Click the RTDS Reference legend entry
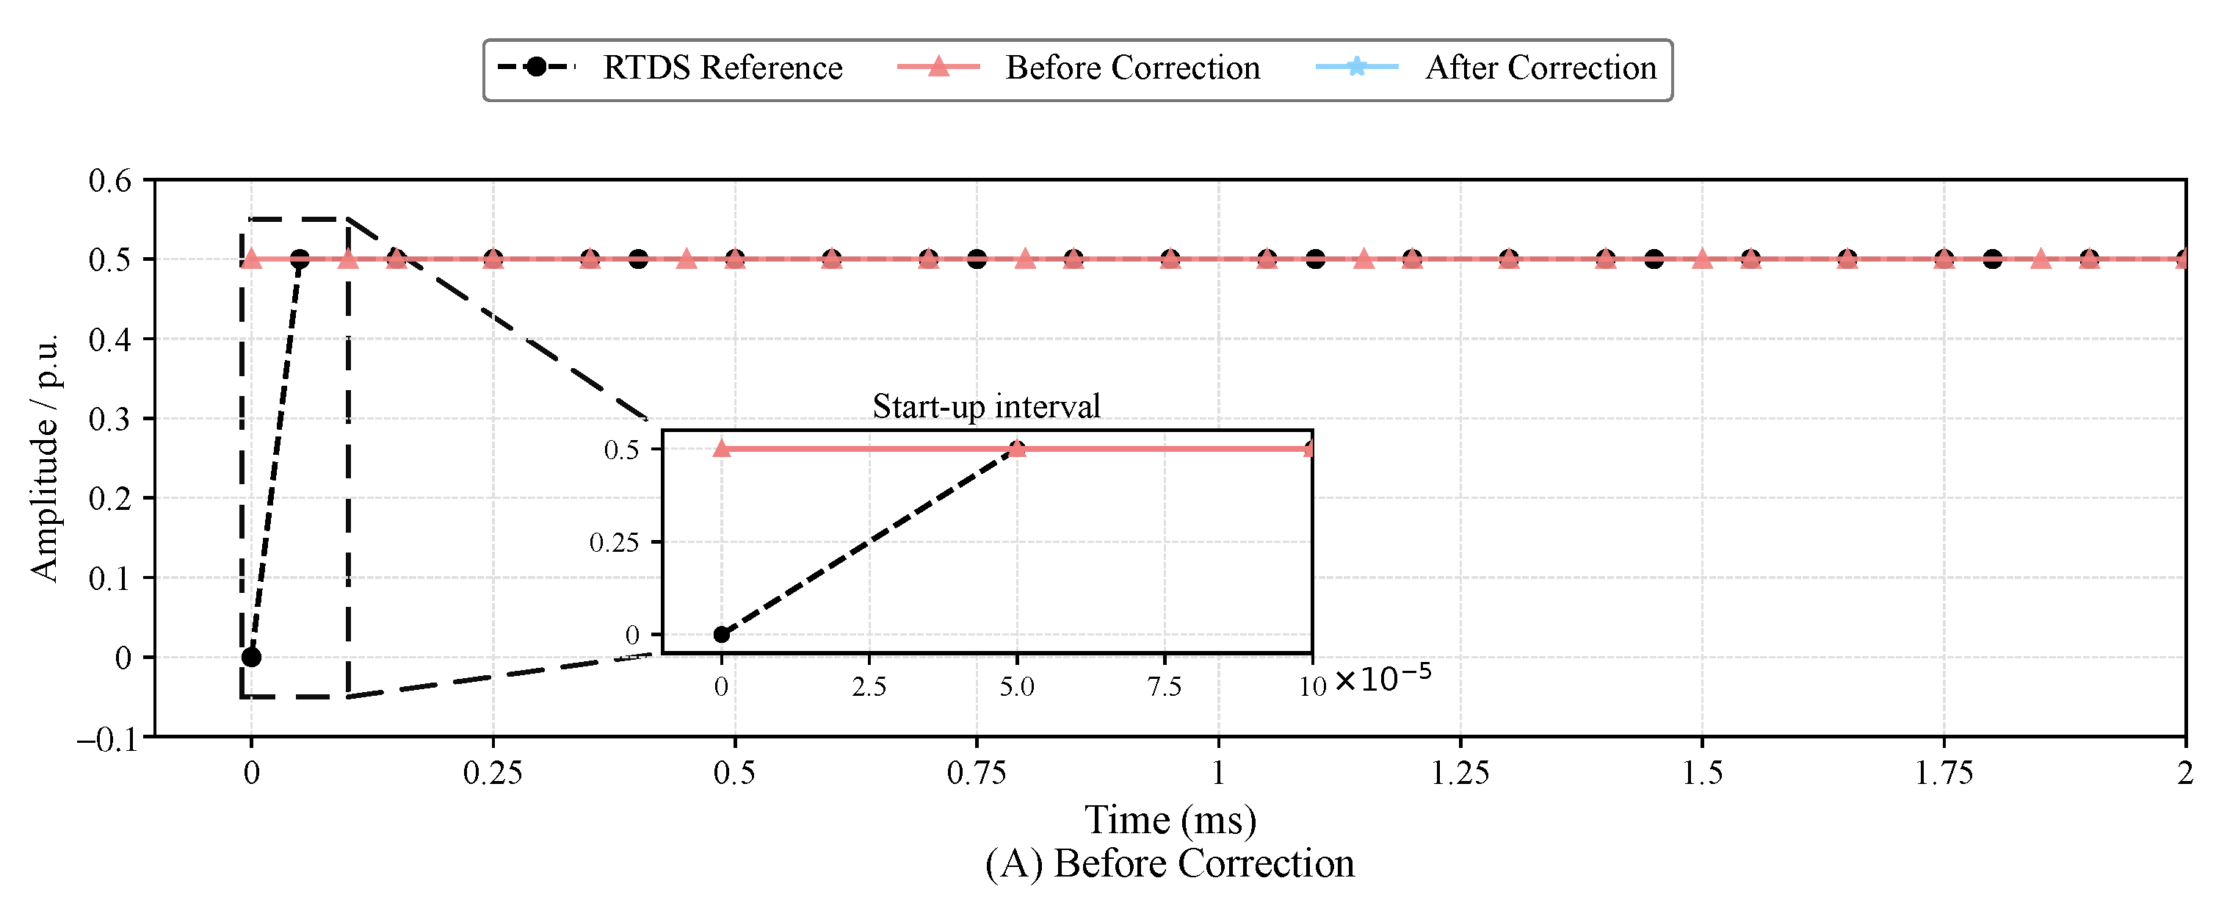(669, 68)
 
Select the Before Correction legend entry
(1079, 68)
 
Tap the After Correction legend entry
(1486, 68)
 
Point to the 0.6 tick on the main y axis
(110, 181)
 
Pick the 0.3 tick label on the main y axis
(110, 420)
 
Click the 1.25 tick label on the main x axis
(1460, 773)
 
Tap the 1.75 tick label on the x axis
(1944, 773)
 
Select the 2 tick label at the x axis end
(2184, 773)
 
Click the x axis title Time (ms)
(1170, 820)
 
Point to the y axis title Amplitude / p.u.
(44, 458)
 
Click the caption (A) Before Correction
(1170, 864)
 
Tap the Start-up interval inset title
(985, 406)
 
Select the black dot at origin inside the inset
(721, 635)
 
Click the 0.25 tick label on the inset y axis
(614, 543)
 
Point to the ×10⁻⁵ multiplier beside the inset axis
(1383, 677)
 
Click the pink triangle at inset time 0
(721, 448)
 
